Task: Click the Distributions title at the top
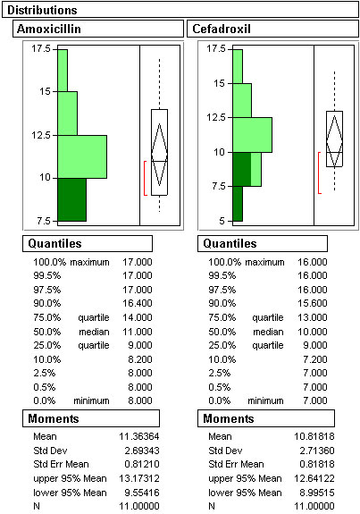tap(42, 10)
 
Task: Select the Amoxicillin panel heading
tap(49, 29)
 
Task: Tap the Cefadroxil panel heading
tap(222, 29)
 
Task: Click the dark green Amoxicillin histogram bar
tap(72, 199)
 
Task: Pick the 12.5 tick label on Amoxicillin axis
tap(41, 135)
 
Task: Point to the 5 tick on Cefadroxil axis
tap(222, 221)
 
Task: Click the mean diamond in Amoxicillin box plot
tap(160, 155)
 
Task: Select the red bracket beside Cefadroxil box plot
tap(319, 173)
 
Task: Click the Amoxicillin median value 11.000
tap(138, 332)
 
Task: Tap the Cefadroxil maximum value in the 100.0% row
tap(313, 262)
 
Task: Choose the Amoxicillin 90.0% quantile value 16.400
tap(138, 303)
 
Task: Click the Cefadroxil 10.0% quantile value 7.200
tap(315, 359)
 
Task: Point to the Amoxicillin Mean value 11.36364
tap(139, 436)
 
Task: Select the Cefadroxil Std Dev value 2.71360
tap(317, 451)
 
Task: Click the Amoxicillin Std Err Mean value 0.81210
tap(142, 464)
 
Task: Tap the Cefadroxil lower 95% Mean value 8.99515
tap(317, 493)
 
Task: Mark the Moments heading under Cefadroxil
tap(229, 418)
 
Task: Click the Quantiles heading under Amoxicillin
tap(54, 243)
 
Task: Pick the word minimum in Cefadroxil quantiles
tap(265, 400)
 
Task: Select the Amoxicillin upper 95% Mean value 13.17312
tap(139, 478)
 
